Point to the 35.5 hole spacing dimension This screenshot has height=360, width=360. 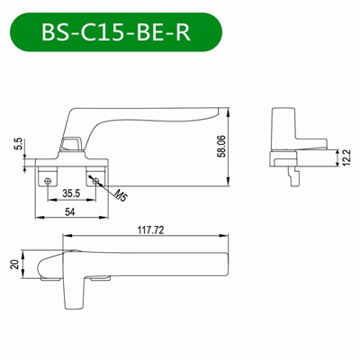pyautogui.click(x=69, y=192)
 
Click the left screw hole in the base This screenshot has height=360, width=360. pyautogui.click(x=48, y=179)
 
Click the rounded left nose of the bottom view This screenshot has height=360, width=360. pyautogui.click(x=40, y=266)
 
